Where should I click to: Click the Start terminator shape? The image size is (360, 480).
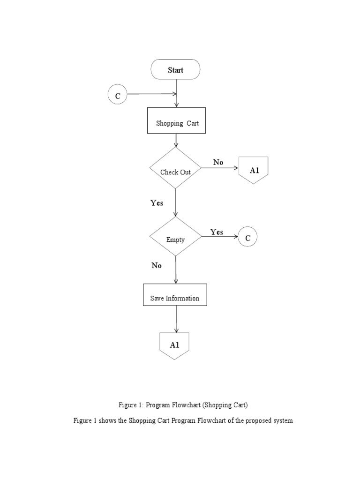(175, 70)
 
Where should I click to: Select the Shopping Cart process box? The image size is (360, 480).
(176, 121)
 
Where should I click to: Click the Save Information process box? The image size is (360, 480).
(175, 295)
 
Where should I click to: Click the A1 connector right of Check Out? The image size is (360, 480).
(254, 170)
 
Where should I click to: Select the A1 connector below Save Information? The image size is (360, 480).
(174, 345)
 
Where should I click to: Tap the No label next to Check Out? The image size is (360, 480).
(218, 162)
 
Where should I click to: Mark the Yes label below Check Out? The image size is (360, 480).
(157, 203)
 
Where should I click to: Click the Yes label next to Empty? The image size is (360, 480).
(217, 232)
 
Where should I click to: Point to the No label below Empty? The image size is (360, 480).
(157, 265)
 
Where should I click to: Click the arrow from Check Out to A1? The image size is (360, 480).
(220, 168)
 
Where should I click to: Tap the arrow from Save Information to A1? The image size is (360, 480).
(176, 319)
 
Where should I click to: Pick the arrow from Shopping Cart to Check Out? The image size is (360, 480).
(176, 141)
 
